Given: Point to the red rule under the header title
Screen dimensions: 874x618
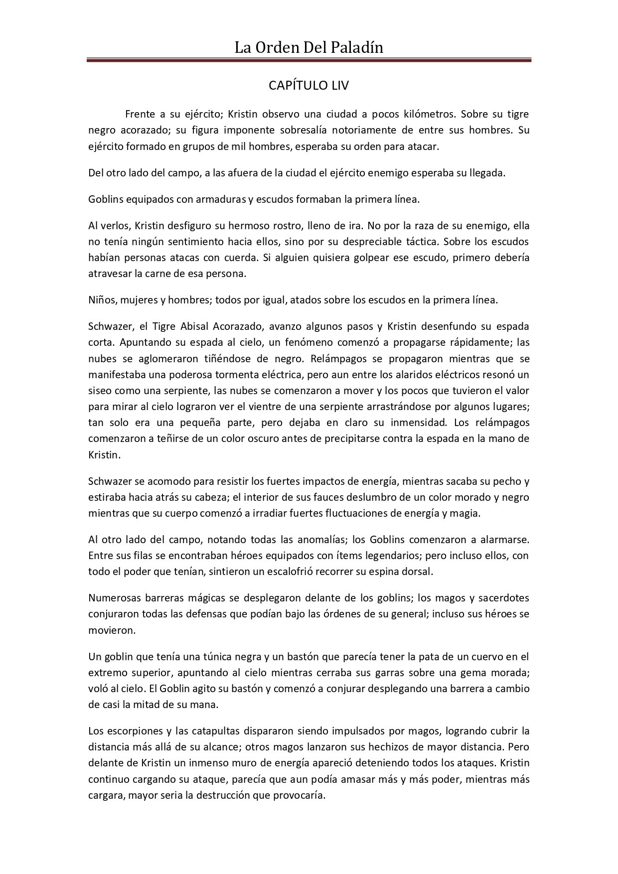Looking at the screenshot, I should (x=309, y=60).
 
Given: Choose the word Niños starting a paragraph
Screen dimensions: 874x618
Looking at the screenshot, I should (x=100, y=300).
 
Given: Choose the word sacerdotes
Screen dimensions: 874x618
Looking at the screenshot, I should (x=501, y=597).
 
